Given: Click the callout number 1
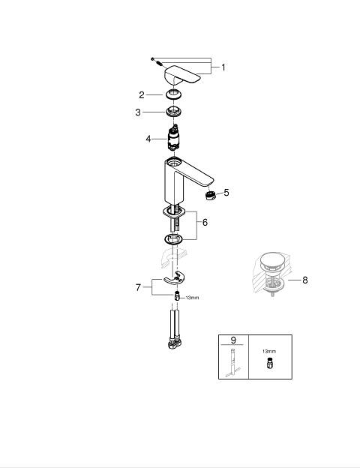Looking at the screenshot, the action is click(223, 67).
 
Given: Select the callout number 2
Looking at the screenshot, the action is click(142, 95).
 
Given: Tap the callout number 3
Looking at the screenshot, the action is click(137, 112).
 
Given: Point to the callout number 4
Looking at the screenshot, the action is click(148, 139).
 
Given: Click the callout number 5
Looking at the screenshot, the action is click(226, 193).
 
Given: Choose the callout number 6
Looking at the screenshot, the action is click(205, 222).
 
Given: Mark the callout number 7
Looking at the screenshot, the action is click(138, 288).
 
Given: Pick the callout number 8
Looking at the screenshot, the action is click(304, 280).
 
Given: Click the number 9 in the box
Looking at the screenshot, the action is click(233, 340).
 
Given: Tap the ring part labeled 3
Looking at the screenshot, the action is click(173, 112).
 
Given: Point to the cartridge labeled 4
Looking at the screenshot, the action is click(173, 139).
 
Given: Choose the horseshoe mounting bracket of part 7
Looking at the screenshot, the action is click(174, 278).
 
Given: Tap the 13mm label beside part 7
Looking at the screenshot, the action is click(192, 298).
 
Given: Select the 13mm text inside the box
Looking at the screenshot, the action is click(269, 351).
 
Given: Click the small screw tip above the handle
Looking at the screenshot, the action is click(152, 59).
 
